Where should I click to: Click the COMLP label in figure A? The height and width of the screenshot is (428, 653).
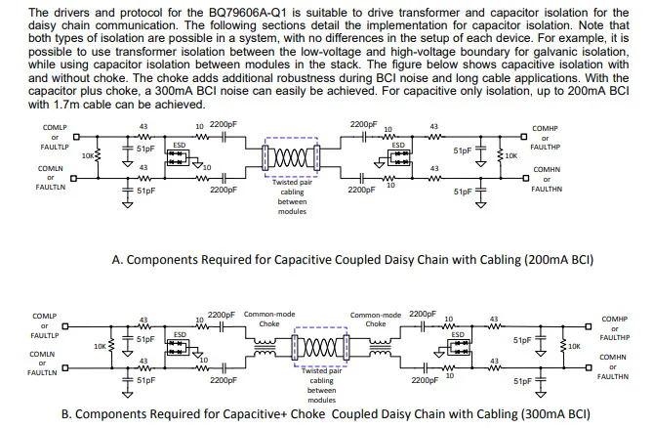[x=55, y=128]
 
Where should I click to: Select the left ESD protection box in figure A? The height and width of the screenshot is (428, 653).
[x=178, y=157]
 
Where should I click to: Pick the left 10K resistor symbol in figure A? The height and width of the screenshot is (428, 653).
[x=99, y=156]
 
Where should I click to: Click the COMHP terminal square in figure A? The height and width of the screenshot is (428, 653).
[x=524, y=137]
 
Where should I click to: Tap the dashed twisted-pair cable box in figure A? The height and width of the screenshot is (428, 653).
[x=291, y=138]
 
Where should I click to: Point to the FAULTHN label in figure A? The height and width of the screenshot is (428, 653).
[x=547, y=190]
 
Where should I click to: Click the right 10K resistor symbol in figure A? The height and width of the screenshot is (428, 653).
[x=500, y=156]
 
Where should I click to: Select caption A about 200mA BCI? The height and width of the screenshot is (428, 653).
[x=352, y=260]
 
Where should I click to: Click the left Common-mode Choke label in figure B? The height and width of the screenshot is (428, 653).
[x=269, y=319]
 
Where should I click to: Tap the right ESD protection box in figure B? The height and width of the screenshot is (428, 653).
[x=458, y=347]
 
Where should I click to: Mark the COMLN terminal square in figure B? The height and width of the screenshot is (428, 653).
[x=65, y=367]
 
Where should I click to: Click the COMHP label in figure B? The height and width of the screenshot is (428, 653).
[x=614, y=320]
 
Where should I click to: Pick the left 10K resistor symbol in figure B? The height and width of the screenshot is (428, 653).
[x=111, y=346]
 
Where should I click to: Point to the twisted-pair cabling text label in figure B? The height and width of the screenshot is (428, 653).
[x=321, y=385]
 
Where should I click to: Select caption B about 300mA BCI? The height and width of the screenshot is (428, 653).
[x=326, y=414]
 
